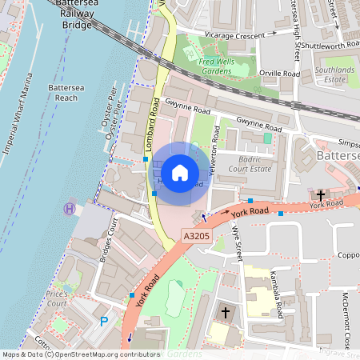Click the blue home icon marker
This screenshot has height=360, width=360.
[180, 172]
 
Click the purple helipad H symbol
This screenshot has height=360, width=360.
[70, 208]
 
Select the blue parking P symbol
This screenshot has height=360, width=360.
[103, 322]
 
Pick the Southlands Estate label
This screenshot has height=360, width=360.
[334, 75]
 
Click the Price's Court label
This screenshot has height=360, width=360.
[56, 298]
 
